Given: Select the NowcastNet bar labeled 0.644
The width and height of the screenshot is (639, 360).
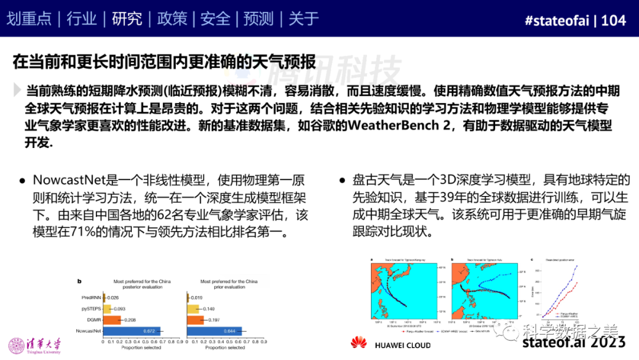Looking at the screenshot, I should [214, 330].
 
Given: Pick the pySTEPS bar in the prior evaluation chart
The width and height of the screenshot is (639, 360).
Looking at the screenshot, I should [193, 308].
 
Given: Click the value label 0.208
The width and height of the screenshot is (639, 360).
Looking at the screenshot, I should [130, 319].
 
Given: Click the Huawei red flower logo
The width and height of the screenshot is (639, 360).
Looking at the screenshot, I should [359, 343].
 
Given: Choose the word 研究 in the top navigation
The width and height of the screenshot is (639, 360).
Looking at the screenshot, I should [127, 19].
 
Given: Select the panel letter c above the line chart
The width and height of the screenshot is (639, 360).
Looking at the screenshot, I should [532, 259].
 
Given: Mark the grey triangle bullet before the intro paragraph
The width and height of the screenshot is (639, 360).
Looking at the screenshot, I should [17, 90].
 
